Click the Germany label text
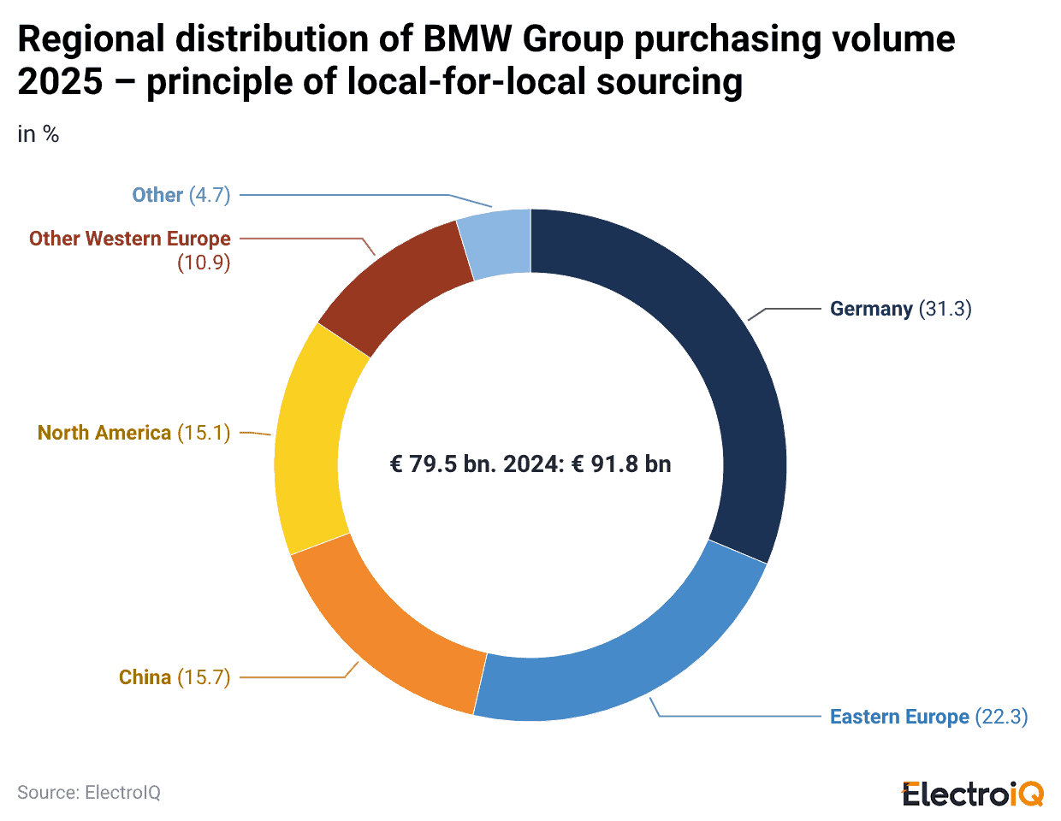click(871, 309)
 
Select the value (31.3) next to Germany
click(945, 309)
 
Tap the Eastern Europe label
click(899, 717)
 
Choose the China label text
click(145, 677)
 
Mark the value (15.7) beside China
click(204, 677)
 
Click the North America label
click(104, 433)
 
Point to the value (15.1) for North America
click(204, 433)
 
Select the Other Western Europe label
click(130, 239)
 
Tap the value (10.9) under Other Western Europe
click(204, 263)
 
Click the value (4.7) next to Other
click(210, 195)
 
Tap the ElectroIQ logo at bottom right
click(973, 794)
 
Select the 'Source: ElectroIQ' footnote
click(89, 793)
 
